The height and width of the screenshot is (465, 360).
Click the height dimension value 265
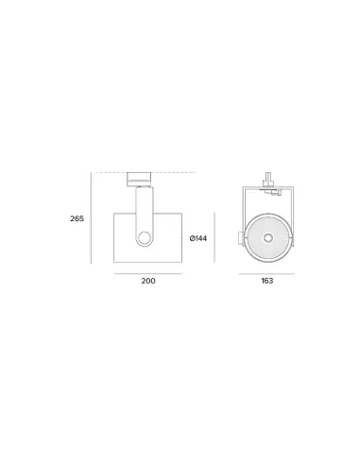(77, 218)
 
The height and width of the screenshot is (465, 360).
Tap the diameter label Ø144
(197, 238)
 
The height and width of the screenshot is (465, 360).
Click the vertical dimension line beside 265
(92, 218)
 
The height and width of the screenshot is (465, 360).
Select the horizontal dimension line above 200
(147, 272)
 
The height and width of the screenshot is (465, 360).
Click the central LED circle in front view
(268, 237)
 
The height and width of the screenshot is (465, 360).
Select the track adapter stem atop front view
(269, 176)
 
